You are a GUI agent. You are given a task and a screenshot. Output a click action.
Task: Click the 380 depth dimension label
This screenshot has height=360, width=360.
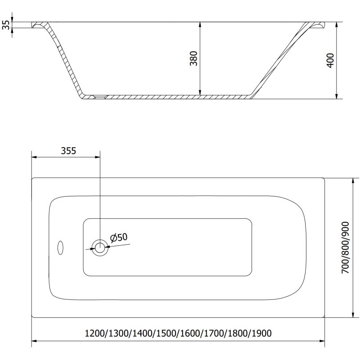(193, 59)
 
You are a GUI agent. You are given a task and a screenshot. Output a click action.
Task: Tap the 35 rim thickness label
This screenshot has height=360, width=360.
(6, 25)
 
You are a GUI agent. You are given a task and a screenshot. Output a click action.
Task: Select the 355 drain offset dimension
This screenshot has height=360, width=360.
(68, 151)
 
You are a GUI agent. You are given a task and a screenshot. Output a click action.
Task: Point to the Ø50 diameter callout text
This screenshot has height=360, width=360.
(119, 237)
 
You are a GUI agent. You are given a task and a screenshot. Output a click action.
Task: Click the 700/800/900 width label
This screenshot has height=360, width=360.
(345, 248)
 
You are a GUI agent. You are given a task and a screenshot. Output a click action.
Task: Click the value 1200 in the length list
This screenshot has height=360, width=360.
(95, 333)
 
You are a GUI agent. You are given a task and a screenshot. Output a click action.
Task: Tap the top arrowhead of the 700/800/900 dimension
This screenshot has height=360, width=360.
(352, 180)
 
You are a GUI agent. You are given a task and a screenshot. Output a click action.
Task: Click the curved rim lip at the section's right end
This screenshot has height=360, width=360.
(319, 26)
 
